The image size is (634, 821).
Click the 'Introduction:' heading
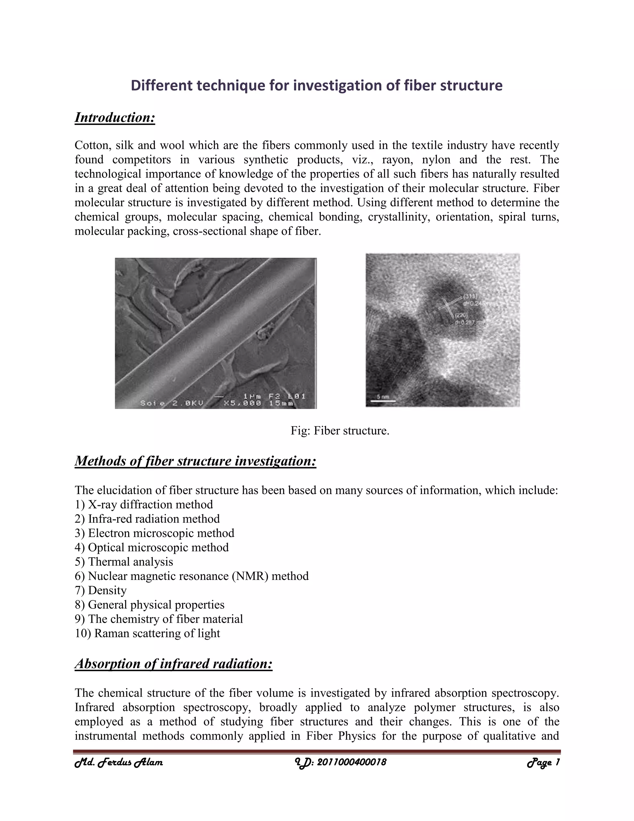point(115,118)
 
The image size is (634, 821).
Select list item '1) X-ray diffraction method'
point(144,504)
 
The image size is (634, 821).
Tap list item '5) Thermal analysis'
point(124,562)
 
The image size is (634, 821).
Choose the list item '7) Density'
point(101,590)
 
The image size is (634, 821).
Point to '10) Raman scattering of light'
point(147,633)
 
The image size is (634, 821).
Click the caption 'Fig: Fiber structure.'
point(340,430)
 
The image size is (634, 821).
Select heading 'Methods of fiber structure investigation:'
point(195,461)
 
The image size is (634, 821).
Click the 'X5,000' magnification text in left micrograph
point(240,403)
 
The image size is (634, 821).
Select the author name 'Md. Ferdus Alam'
point(119,762)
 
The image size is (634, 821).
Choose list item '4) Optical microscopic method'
point(152,547)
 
